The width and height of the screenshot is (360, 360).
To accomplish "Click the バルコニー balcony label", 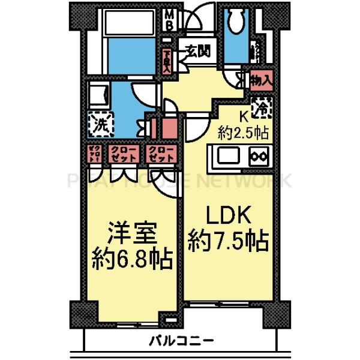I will pos(180,341).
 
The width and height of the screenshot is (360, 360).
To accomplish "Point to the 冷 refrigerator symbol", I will pos(262,108).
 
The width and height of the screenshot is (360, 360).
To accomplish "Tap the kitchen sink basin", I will pos(227,157).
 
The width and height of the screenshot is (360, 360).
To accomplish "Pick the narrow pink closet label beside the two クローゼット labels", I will pos(94,154).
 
